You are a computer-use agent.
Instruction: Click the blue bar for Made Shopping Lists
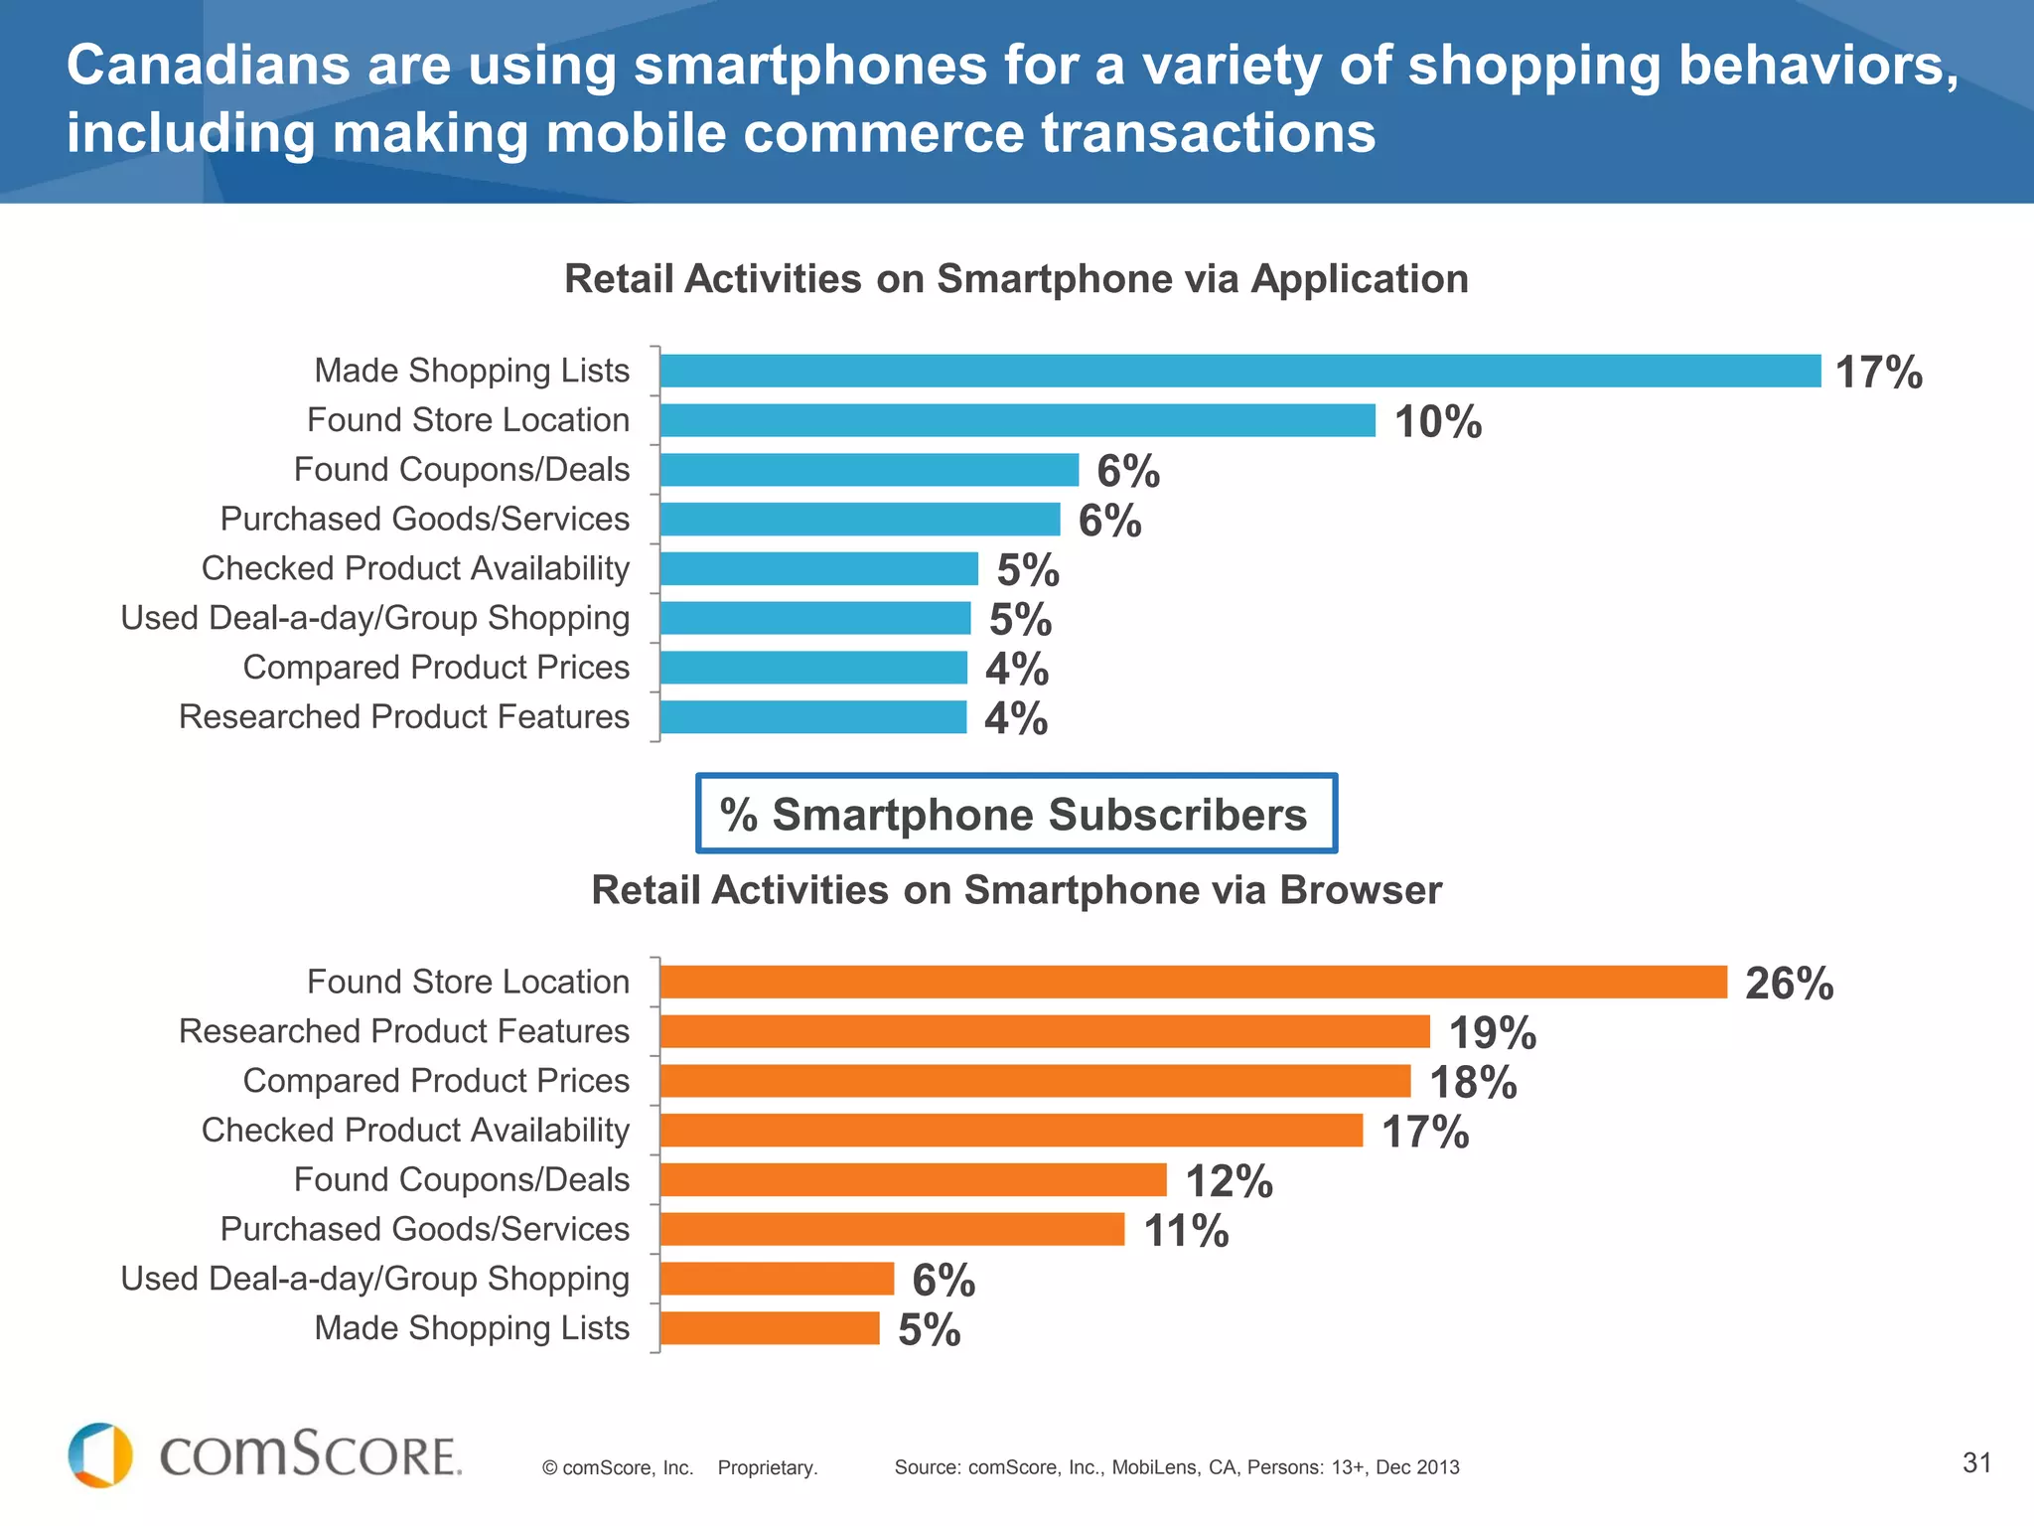click(x=1239, y=371)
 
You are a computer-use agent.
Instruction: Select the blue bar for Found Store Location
click(x=1017, y=420)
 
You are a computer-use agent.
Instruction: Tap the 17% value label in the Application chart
click(x=1878, y=373)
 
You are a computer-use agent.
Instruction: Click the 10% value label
click(x=1437, y=422)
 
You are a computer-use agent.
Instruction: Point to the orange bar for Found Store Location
click(x=1192, y=982)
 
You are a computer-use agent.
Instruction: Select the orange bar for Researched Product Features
click(x=1045, y=1031)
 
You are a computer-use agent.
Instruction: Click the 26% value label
click(x=1789, y=984)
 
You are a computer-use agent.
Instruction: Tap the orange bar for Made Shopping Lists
click(x=770, y=1328)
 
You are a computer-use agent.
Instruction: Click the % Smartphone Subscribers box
click(x=1016, y=814)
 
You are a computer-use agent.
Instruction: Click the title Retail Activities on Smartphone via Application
click(x=1016, y=279)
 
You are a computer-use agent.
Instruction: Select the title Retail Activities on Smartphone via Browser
click(x=1016, y=890)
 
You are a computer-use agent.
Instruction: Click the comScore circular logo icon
click(x=100, y=1455)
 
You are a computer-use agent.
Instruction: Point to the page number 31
click(x=1976, y=1462)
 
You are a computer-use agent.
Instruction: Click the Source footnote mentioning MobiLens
click(x=1177, y=1467)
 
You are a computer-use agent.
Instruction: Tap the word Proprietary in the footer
click(x=767, y=1467)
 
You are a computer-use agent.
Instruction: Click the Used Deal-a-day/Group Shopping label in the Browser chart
click(x=374, y=1279)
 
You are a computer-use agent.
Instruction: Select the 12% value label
click(x=1229, y=1181)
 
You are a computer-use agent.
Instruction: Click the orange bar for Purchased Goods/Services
click(x=892, y=1229)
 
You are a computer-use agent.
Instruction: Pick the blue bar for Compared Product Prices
click(x=812, y=668)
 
